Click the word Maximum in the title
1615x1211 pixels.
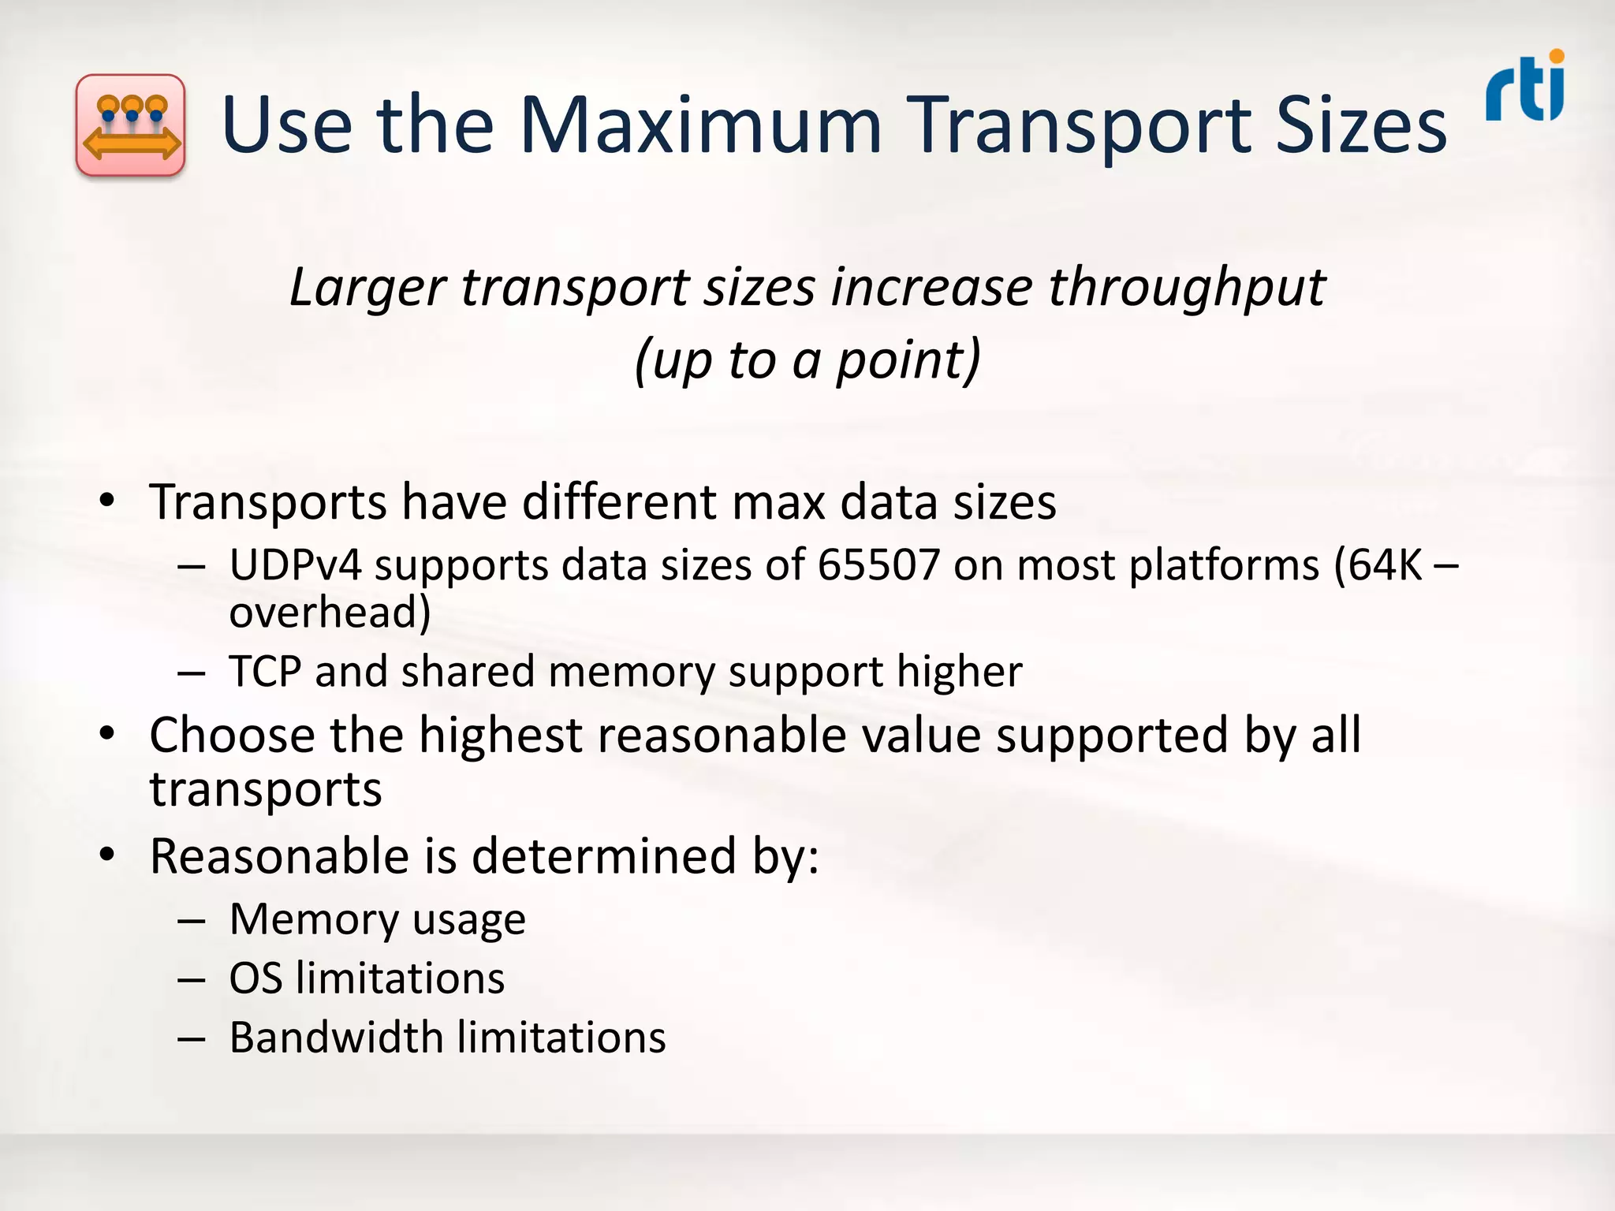click(x=699, y=126)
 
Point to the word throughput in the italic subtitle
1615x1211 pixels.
click(x=1187, y=289)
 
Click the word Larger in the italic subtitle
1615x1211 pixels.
click(x=367, y=289)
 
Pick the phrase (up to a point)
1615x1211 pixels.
click(x=807, y=361)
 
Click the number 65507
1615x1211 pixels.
click(x=878, y=565)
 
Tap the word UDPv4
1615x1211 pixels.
click(x=295, y=565)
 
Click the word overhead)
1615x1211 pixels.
click(x=330, y=613)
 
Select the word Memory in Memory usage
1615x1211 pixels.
click(x=314, y=920)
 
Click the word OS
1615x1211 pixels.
click(x=255, y=979)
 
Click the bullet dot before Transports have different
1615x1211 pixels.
click(x=107, y=502)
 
